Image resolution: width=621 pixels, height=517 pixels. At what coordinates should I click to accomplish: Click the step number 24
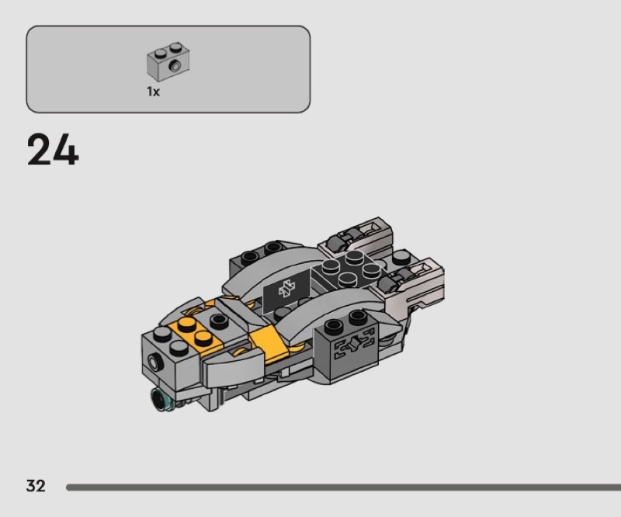tap(53, 151)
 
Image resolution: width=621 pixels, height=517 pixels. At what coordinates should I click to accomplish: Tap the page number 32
tap(36, 487)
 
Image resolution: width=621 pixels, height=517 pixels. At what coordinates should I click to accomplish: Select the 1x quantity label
tap(153, 92)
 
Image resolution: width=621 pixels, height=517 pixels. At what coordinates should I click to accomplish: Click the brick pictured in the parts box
tap(168, 63)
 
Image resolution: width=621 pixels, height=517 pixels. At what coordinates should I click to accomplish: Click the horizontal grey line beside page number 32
tap(342, 488)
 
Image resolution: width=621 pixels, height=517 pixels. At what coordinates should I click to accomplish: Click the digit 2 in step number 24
tap(40, 151)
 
